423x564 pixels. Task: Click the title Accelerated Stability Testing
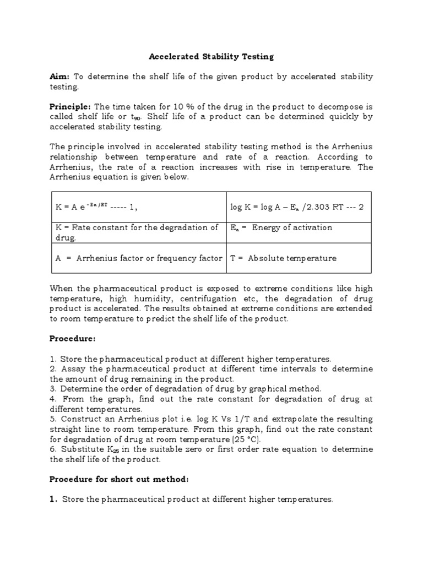click(x=211, y=56)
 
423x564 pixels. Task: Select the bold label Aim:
click(x=60, y=77)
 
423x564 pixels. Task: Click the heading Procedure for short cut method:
click(x=119, y=479)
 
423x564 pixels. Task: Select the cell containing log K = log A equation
click(x=297, y=207)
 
